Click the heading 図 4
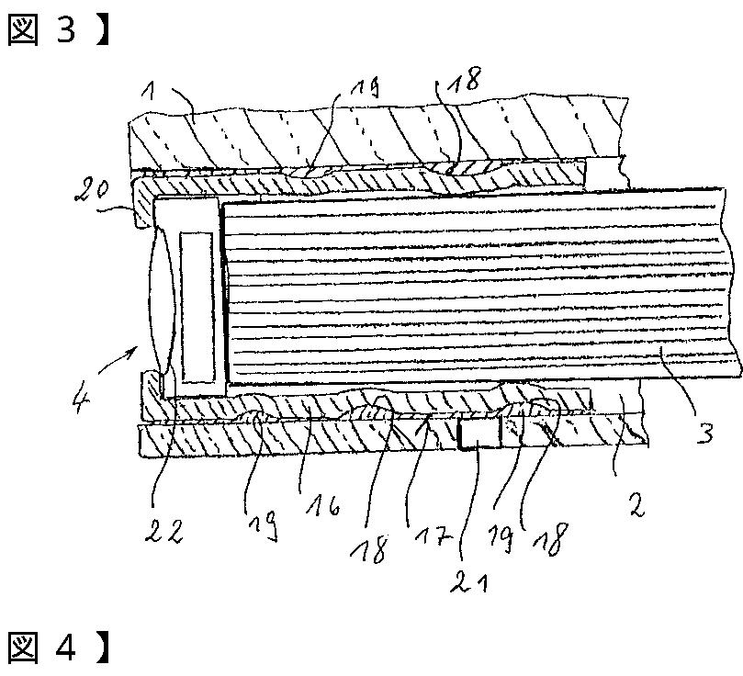click(46, 648)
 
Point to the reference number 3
click(704, 432)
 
